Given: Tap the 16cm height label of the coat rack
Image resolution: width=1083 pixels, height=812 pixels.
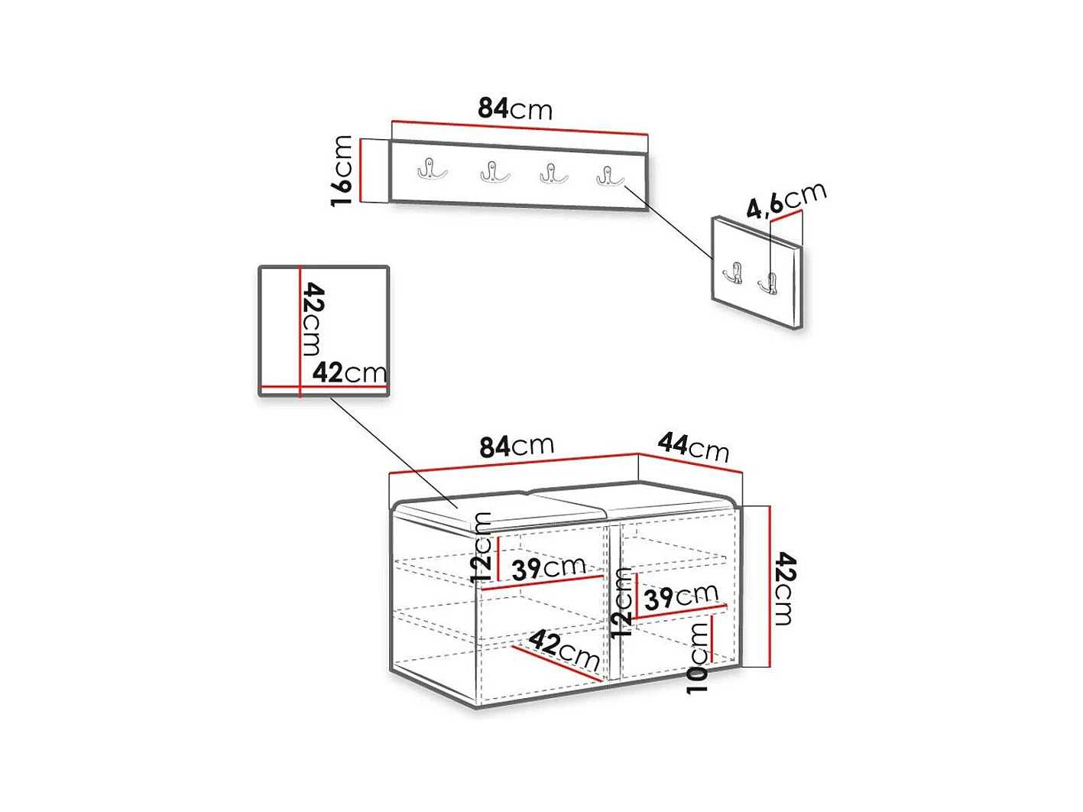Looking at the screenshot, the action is point(342,171).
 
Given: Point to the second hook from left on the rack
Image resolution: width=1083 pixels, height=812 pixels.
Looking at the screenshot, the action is point(494,172).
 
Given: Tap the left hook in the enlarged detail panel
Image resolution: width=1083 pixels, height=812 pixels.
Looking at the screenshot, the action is point(733,273).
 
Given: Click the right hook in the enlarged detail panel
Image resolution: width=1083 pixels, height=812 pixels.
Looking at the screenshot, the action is point(767,282).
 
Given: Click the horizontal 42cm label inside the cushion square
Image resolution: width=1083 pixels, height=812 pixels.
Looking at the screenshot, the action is point(349,372).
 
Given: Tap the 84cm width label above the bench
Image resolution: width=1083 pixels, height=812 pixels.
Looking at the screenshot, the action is point(517,447).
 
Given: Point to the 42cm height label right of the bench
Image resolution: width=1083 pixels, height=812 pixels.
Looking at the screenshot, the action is point(785,589).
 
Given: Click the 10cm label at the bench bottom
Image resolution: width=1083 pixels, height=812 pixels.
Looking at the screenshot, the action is point(697,658).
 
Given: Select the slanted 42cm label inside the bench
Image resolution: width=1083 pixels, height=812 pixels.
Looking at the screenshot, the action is point(564,650).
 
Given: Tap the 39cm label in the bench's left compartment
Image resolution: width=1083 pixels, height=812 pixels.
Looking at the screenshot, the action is point(549,568).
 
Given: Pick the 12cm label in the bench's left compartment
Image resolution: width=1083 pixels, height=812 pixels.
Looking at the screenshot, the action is point(481,547).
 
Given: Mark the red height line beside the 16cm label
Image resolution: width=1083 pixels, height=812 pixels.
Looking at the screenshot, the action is point(361,171).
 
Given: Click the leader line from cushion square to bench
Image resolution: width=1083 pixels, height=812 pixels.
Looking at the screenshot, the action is point(394,452).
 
